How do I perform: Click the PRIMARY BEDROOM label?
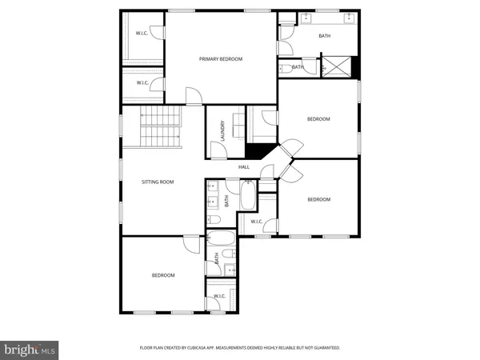click(220, 59)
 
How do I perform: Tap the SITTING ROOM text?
click(158, 182)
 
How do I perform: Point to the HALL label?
click(244, 167)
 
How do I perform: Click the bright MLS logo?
click(30, 349)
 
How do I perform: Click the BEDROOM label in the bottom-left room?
click(163, 275)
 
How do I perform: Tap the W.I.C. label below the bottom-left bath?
click(219, 296)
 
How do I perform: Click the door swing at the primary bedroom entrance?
click(192, 97)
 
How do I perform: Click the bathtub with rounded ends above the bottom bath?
click(220, 239)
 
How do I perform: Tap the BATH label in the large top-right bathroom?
click(324, 35)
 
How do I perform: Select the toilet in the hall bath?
click(214, 219)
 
